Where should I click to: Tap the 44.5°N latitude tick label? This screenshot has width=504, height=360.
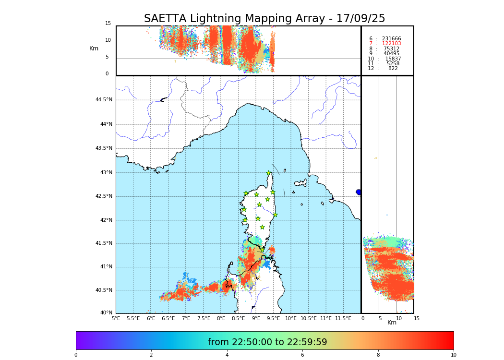coord(104,100)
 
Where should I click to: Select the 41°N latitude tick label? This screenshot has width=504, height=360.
coord(106,267)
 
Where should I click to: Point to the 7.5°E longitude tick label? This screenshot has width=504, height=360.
coord(204,318)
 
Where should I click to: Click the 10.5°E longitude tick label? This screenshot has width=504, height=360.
coord(309,318)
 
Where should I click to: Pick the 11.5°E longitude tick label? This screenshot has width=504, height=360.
coord(343,318)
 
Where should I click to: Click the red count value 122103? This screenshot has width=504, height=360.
coord(391,44)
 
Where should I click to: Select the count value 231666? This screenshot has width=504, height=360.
coord(391,39)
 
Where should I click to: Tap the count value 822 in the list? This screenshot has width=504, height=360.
coord(393,69)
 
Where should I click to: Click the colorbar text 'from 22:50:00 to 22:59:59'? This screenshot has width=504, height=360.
coord(267,342)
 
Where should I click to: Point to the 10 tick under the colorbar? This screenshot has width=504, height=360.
coord(453,355)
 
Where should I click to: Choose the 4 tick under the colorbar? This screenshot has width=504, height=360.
coord(227,355)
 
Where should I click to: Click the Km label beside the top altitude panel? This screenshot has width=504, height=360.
coord(94,48)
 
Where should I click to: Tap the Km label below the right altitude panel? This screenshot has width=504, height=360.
coord(392,323)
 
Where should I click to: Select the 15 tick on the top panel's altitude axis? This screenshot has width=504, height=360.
coord(108,24)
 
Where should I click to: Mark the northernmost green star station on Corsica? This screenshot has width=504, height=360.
coord(269,173)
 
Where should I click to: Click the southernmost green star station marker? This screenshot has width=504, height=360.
coord(262,227)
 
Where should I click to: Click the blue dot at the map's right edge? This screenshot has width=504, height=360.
coord(359,192)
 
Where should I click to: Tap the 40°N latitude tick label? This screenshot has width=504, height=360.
coord(106,313)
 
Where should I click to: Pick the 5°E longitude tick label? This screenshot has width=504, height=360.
coord(116,318)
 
